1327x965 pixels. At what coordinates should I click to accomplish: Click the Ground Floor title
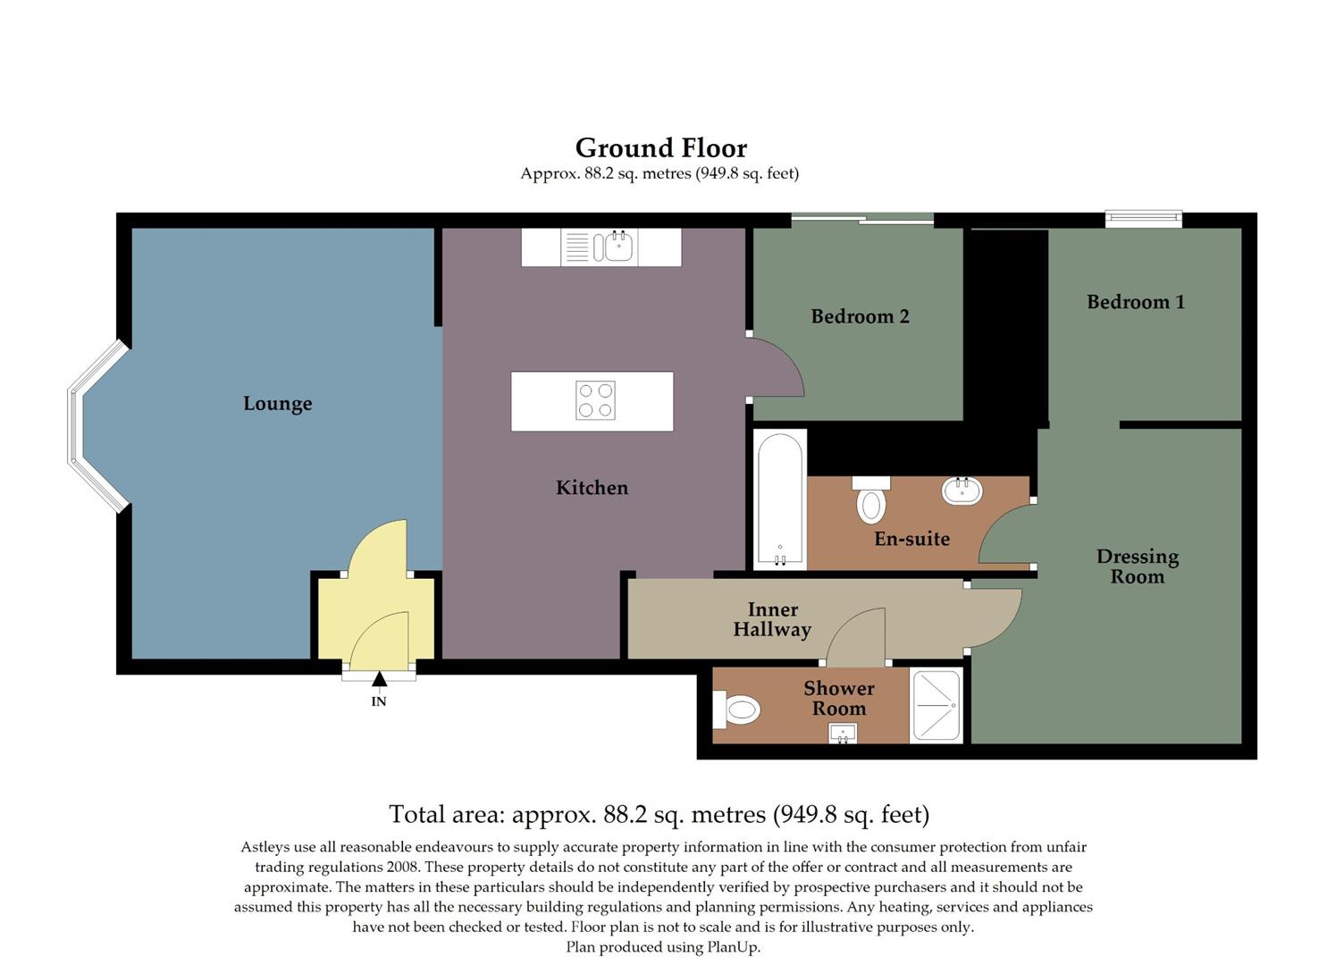point(660,147)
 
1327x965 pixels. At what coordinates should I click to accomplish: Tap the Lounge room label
point(277,403)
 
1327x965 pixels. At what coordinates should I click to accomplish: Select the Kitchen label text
point(592,487)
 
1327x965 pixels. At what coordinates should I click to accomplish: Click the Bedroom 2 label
point(860,316)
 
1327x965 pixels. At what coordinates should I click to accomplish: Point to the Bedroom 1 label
point(1135,302)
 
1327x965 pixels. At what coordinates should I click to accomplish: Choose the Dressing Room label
point(1137,566)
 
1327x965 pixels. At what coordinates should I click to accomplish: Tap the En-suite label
point(911,539)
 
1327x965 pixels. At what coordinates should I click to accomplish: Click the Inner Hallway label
point(772,619)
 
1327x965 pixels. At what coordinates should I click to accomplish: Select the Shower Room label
point(838,698)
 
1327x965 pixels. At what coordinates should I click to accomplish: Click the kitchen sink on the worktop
point(618,247)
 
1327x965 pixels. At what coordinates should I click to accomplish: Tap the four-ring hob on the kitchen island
point(595,400)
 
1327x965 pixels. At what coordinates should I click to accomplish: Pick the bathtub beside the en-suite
point(779,499)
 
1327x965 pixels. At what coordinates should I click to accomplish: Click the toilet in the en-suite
point(870,500)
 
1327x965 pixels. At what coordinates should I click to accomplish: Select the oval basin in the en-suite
point(962,491)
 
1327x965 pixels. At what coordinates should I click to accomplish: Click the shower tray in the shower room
point(936,706)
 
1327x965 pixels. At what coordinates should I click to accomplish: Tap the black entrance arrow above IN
point(379,679)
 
